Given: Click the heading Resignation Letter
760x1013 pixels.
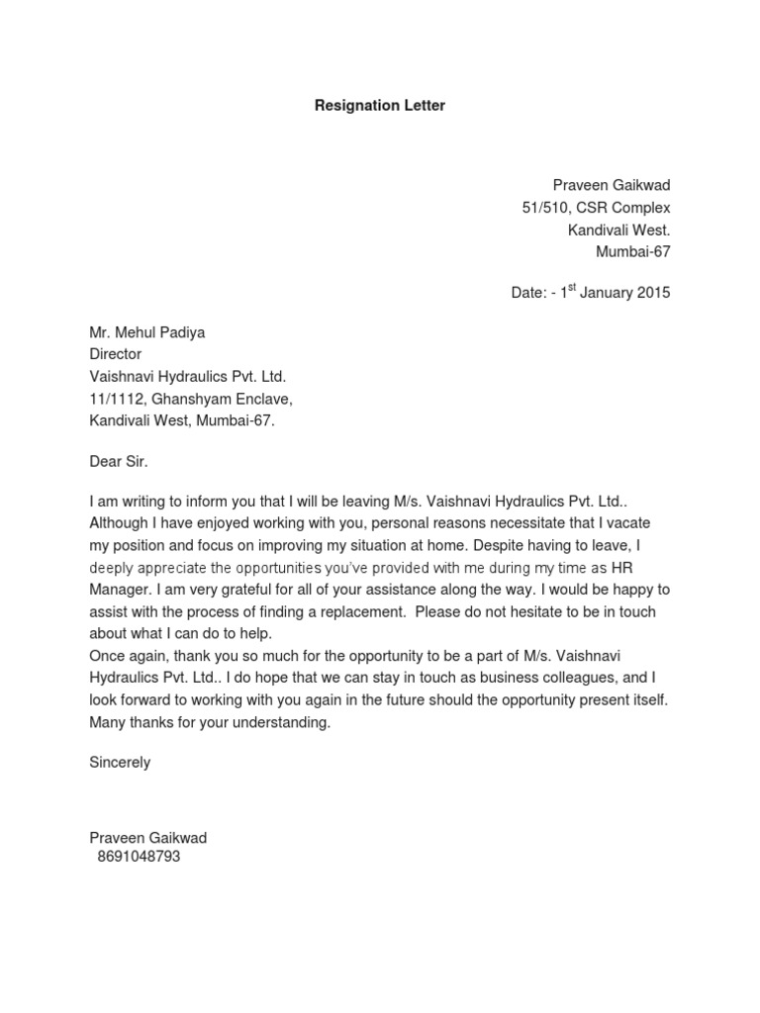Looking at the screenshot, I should coord(380,105).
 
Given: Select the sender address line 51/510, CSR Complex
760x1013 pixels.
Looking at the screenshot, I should coord(596,208).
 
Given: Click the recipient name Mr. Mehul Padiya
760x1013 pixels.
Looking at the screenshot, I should coord(147,332).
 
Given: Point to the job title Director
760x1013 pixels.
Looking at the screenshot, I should coord(116,354).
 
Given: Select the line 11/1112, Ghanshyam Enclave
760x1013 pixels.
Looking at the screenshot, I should coord(191,398).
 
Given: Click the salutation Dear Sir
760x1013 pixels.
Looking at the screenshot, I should coord(124,461).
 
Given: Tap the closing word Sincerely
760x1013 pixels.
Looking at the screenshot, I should coord(120,763).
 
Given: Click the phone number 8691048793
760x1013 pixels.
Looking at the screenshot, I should coord(139,858).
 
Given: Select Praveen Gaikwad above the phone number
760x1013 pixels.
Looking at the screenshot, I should coord(147,837).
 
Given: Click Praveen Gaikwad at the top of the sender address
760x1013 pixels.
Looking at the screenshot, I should coord(611,186).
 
